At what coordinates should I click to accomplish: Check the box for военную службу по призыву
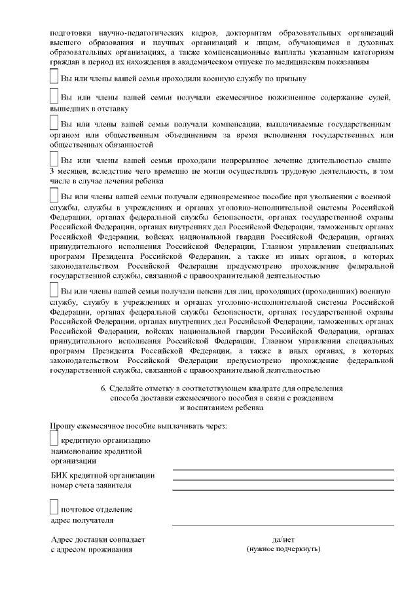(x=54, y=76)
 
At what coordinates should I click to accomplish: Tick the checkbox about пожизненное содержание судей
(x=54, y=96)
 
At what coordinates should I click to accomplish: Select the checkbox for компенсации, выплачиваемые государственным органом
(x=54, y=122)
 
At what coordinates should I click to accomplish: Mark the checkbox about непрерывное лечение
(x=54, y=159)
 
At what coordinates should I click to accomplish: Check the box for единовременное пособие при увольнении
(x=54, y=195)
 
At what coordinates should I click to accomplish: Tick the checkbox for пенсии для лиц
(x=54, y=289)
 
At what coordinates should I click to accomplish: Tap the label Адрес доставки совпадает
(x=98, y=539)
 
